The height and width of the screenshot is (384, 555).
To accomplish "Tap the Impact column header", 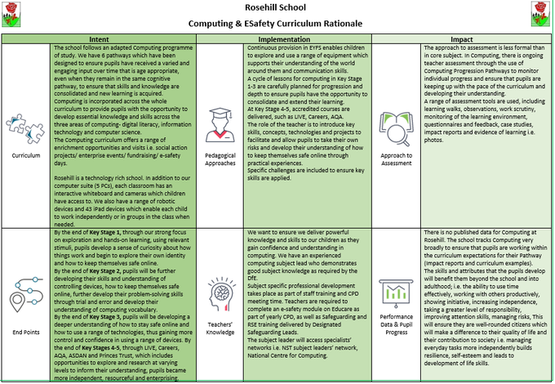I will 462,38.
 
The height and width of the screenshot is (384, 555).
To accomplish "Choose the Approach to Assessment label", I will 396,157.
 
